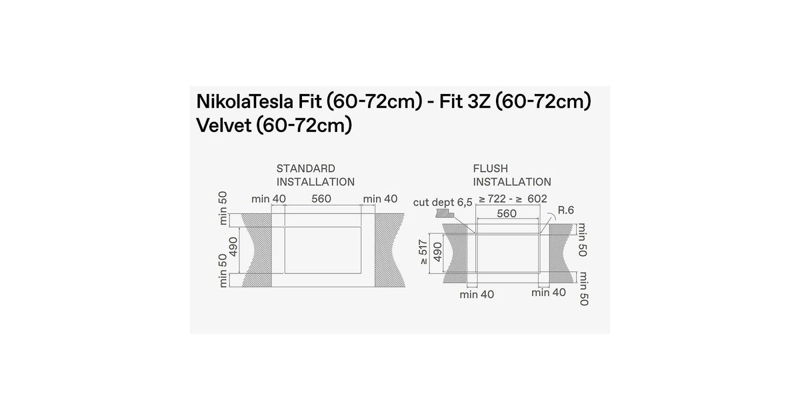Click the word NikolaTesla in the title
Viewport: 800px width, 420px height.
click(245, 101)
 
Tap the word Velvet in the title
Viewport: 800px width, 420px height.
click(224, 125)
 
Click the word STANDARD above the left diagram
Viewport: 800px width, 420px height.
click(306, 169)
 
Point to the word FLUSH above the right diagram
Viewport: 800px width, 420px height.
click(491, 169)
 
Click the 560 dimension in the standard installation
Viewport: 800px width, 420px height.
click(321, 199)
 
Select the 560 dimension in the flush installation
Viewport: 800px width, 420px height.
click(507, 213)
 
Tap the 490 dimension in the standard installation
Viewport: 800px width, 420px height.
click(233, 247)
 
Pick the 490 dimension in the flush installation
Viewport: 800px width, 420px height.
click(437, 252)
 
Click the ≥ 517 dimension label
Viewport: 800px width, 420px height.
click(423, 253)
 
